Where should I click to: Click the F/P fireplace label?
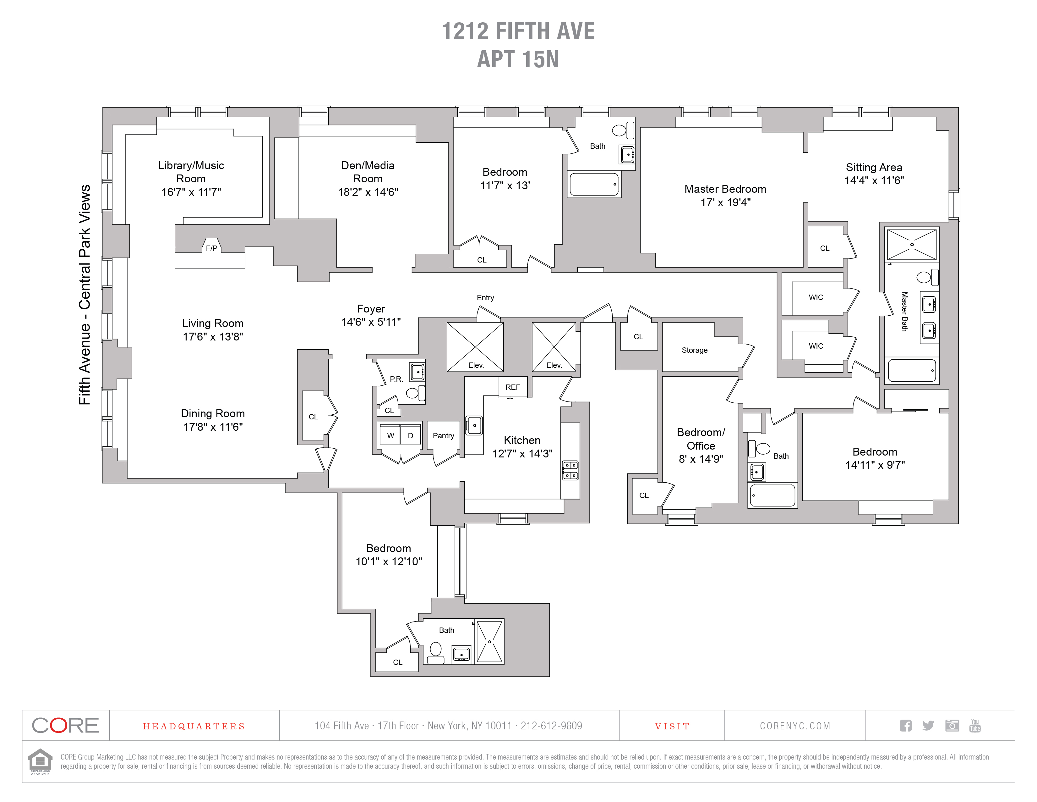coord(212,248)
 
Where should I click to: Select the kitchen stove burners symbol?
coord(570,470)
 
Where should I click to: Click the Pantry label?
coord(444,436)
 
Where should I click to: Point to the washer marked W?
coord(390,435)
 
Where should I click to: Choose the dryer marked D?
coord(411,435)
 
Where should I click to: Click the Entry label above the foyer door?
coord(485,297)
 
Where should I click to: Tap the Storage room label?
coord(695,350)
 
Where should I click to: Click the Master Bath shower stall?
coord(912,245)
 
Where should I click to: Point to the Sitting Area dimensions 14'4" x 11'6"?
coord(874,180)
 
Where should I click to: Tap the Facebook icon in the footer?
coord(905,726)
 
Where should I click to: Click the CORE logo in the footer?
coord(66,726)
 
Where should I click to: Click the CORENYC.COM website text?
coord(795,726)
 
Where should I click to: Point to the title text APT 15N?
coord(518,59)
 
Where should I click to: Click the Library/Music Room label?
coord(191,172)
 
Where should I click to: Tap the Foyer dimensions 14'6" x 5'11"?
coord(371,322)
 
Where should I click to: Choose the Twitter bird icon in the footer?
coord(928,726)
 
